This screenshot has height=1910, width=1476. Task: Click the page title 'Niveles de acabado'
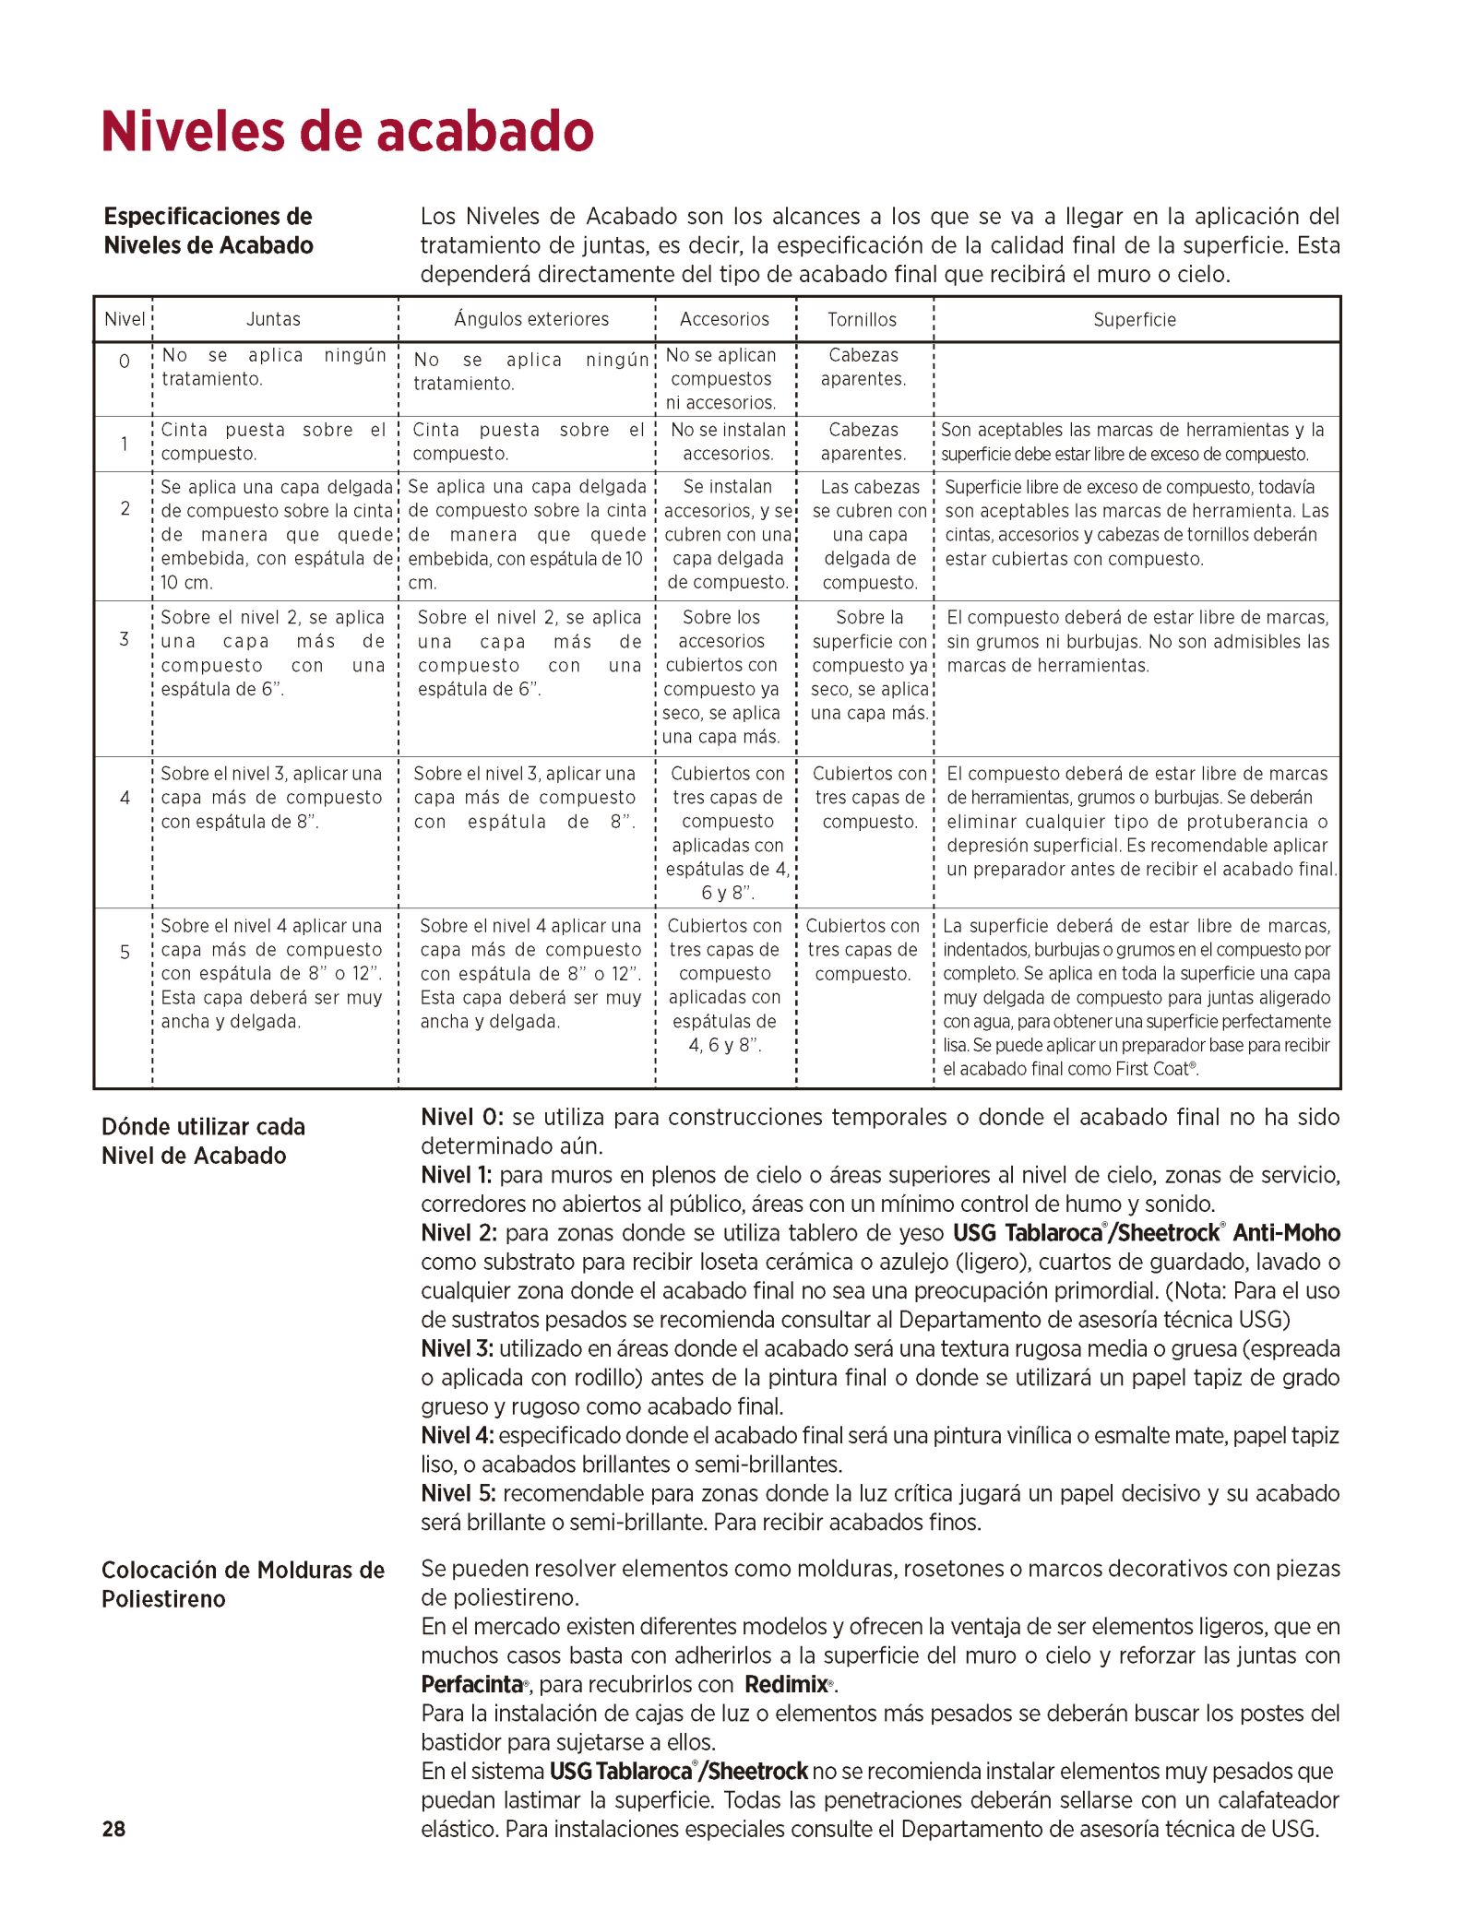348,131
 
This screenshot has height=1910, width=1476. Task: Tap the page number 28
113,1829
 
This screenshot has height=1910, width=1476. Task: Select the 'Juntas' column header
273,319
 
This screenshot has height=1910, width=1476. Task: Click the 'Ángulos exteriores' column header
531,319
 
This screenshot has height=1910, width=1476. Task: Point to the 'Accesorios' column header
724,319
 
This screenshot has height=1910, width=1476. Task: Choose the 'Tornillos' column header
862,320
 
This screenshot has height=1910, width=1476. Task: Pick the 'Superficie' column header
1135,320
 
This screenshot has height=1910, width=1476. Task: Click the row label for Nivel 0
124,362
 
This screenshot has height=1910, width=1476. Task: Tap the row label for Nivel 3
124,639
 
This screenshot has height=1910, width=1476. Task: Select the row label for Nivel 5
125,953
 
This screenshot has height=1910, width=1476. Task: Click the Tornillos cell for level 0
863,367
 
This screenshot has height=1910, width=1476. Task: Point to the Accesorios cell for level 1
728,442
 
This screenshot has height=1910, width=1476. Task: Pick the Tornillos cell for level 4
869,798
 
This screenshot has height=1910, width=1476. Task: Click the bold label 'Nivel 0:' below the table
462,1118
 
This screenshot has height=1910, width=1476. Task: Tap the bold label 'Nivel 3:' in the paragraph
457,1348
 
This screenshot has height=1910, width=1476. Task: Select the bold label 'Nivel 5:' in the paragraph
458,1493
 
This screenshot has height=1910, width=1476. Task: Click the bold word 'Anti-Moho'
1286,1233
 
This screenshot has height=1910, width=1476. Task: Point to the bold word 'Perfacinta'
472,1684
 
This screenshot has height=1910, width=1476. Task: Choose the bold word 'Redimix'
786,1684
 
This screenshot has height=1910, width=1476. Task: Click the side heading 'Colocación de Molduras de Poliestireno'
243,1584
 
